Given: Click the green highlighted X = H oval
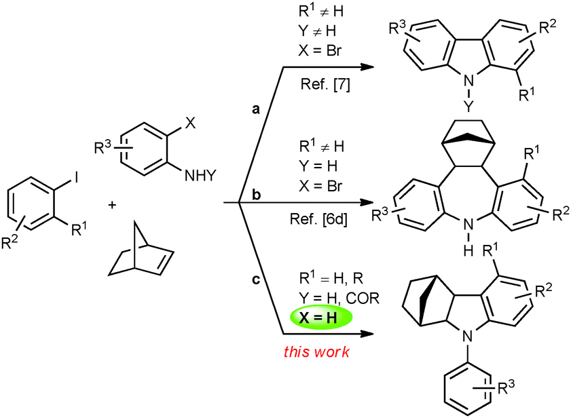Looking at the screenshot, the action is tap(321, 318).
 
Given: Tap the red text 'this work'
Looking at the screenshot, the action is tap(316, 351).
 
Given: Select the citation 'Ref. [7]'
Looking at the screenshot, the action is tap(325, 84).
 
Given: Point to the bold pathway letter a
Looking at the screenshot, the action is tap(256, 109).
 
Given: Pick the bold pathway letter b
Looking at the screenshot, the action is tap(257, 195).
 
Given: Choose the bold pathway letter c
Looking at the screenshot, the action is tap(256, 280).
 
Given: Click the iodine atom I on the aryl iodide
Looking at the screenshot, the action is tap(76, 178).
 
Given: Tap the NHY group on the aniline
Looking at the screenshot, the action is tap(200, 176).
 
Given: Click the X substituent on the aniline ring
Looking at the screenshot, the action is tap(190, 123).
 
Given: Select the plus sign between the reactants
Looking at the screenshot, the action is tap(112, 206).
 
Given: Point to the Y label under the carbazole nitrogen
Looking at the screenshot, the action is tap(468, 107).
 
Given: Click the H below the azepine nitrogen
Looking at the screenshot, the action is tap(468, 250).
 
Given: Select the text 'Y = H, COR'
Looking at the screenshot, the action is tap(339, 298).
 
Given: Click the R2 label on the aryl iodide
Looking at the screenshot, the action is tap(10, 242).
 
